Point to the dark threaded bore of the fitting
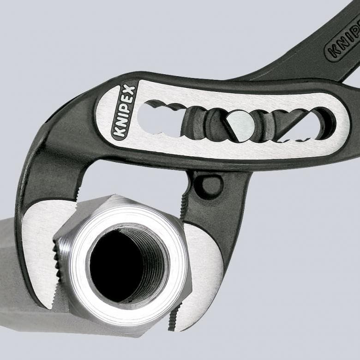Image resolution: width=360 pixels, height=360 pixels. point(119,264)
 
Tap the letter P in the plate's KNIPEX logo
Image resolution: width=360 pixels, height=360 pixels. point(125,109)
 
